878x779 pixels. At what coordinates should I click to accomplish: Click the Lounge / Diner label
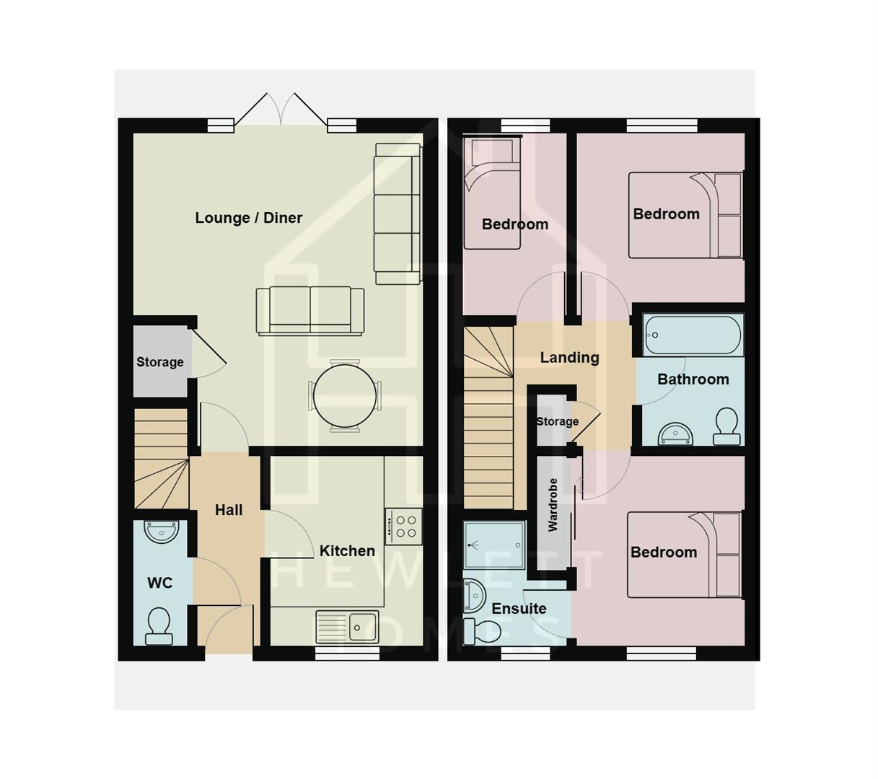[x=248, y=218]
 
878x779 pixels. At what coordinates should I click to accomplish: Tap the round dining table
[x=345, y=396]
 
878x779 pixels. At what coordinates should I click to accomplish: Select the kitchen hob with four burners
[x=403, y=526]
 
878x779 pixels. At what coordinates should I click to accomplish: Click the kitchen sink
[x=348, y=626]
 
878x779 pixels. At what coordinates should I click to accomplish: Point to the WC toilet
[x=159, y=625]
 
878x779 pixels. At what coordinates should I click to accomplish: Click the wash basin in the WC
[x=161, y=532]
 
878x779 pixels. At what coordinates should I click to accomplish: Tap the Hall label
[x=229, y=510]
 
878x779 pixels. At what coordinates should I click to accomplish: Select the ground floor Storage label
[x=160, y=362]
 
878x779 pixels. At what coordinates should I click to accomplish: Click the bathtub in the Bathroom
[x=693, y=335]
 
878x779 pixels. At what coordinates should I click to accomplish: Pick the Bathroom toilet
[x=726, y=426]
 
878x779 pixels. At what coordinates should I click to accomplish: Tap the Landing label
[x=569, y=358]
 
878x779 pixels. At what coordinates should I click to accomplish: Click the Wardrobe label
[x=553, y=505]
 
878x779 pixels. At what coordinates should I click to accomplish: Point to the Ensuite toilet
[x=477, y=630]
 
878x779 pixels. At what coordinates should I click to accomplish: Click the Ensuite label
[x=519, y=609]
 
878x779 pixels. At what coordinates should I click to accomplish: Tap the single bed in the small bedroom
[x=491, y=193]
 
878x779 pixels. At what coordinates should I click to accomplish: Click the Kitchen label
[x=347, y=551]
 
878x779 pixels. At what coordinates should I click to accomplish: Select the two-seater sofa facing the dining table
[x=310, y=310]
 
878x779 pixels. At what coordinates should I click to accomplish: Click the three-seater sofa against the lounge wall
[x=397, y=214]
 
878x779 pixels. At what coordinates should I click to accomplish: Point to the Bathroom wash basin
[x=675, y=434]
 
